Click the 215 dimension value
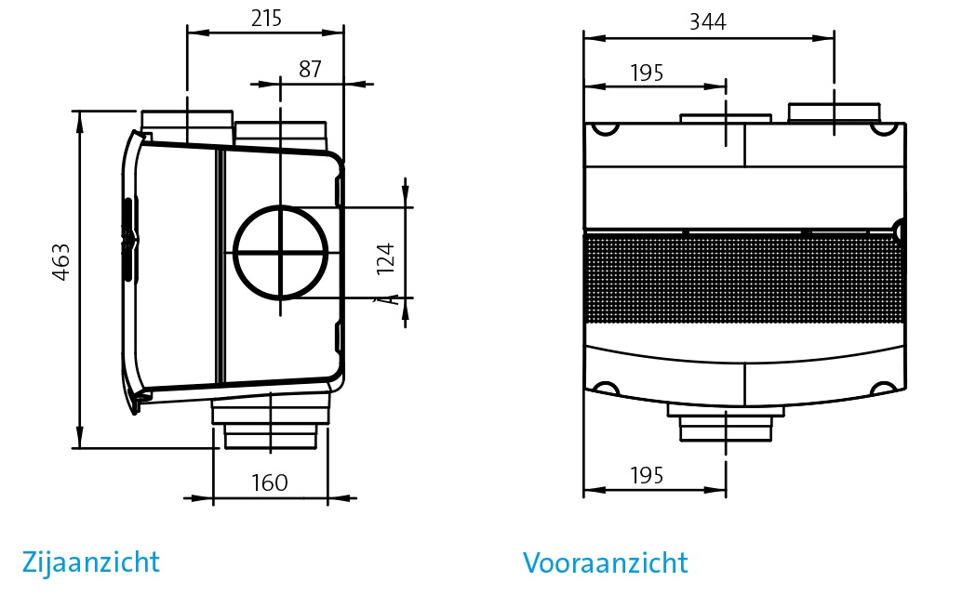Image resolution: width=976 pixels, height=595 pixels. pyautogui.click(x=266, y=18)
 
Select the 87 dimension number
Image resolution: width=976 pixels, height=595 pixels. pyautogui.click(x=312, y=70)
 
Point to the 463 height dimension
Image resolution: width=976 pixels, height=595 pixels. pyautogui.click(x=60, y=262)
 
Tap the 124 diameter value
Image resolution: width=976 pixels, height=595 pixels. pyautogui.click(x=385, y=258)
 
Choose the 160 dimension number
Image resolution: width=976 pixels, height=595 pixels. pyautogui.click(x=270, y=483)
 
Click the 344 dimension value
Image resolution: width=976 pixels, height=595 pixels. pyautogui.click(x=708, y=21)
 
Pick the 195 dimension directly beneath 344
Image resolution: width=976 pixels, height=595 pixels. pyautogui.click(x=647, y=73)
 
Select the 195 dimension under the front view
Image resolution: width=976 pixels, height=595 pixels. pyautogui.click(x=647, y=476)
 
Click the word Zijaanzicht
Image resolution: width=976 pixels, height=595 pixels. pyautogui.click(x=90, y=562)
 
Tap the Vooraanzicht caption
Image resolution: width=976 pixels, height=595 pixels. pyautogui.click(x=605, y=563)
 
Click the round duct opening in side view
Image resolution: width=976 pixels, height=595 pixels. pyautogui.click(x=280, y=252)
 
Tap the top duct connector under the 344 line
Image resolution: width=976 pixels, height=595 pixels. pyautogui.click(x=834, y=113)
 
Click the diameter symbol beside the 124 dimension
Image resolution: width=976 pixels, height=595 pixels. pyautogui.click(x=380, y=297)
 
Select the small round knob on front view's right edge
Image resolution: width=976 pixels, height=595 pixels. pyautogui.click(x=899, y=229)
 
